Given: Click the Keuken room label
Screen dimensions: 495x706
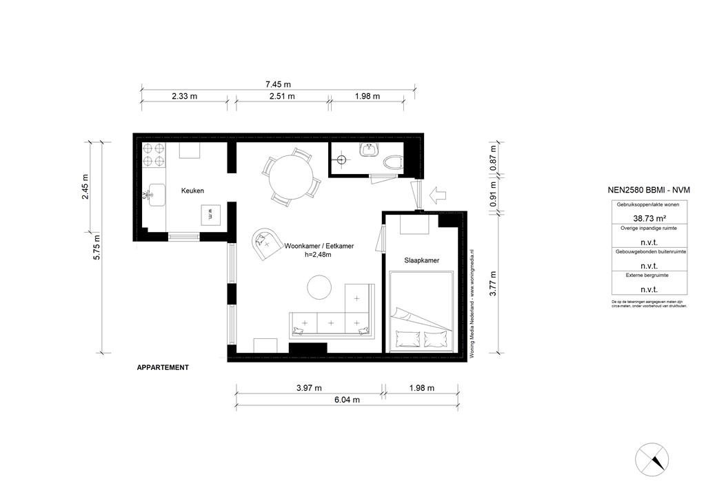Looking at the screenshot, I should click(x=192, y=191).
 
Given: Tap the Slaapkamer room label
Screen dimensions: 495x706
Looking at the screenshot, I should click(x=422, y=260).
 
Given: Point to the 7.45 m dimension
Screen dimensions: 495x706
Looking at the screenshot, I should click(x=277, y=84).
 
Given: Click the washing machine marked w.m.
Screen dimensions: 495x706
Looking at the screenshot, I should click(x=210, y=213).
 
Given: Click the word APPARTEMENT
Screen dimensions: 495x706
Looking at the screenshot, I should click(x=163, y=368).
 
